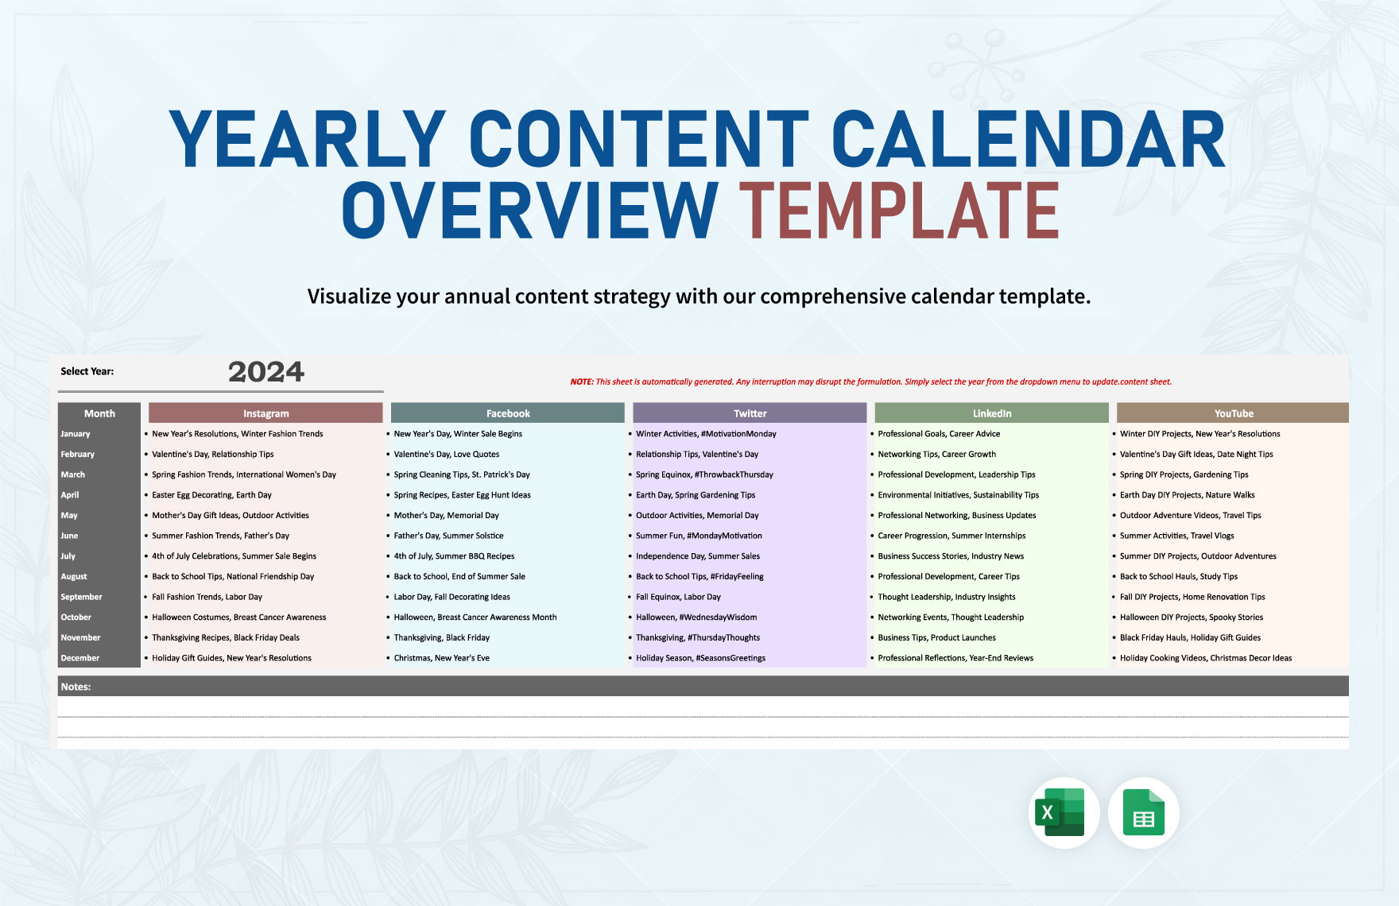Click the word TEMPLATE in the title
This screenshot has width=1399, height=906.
coord(899,211)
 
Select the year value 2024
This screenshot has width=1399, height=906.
coord(265,372)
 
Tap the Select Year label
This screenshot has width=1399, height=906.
coord(87,371)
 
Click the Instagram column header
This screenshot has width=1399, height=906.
coord(265,413)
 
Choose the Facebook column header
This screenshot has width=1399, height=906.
coord(508,413)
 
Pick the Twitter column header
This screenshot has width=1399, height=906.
coord(750,413)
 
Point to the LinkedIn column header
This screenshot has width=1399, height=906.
coord(991,413)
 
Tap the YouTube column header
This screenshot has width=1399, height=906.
coord(1233,413)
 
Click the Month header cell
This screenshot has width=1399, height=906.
coord(99,413)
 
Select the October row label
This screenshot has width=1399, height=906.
coord(76,618)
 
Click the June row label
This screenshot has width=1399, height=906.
coord(70,536)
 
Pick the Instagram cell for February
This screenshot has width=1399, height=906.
coord(213,455)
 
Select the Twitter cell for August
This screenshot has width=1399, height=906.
coord(699,577)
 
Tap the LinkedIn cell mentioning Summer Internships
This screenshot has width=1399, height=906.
coord(951,536)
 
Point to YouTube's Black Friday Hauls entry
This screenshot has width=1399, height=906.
coord(1190,637)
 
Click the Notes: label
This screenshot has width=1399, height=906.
coord(76,687)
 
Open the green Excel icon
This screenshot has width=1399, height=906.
coord(1063,812)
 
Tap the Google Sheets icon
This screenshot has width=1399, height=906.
coord(1143,812)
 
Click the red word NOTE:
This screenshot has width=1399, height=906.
coord(582,382)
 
